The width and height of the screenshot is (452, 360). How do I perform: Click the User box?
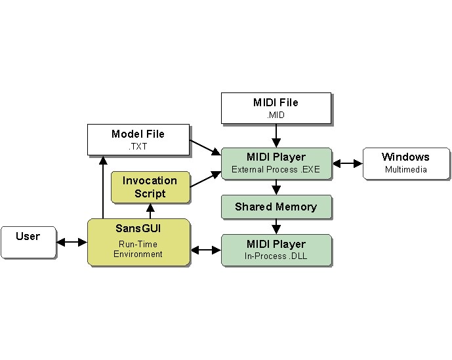(28, 242)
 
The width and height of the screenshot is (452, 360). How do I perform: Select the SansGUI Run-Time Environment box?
(138, 242)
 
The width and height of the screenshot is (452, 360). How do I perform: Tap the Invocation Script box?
(150, 187)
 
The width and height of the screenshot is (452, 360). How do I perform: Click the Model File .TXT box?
(138, 140)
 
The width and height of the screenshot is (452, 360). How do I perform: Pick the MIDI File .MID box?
(276, 108)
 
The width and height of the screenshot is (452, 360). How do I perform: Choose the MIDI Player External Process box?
(276, 163)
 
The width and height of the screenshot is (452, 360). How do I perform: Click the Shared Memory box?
(276, 207)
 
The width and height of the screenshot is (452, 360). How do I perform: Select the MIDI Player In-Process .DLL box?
(276, 250)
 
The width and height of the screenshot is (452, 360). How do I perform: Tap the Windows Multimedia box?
(405, 163)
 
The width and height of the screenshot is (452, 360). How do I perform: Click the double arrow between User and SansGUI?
(72, 242)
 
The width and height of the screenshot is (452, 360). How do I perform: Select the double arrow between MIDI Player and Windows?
(348, 163)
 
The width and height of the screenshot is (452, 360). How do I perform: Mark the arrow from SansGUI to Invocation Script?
(150, 210)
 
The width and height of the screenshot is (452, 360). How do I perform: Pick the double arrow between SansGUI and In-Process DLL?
(205, 250)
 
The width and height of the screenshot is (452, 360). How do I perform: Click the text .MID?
(276, 115)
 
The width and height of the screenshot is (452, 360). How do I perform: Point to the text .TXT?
(138, 146)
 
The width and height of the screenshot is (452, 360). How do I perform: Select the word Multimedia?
(405, 169)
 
